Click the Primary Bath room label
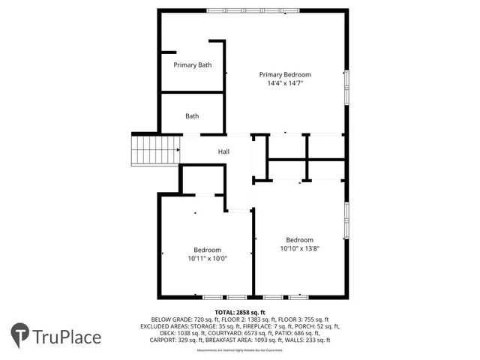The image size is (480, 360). click(193, 65)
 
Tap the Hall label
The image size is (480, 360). click(223, 152)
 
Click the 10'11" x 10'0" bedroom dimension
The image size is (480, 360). click(207, 259)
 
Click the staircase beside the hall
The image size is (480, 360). click(154, 150)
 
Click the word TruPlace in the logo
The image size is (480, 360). click(67, 337)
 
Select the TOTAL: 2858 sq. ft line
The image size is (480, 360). click(240, 312)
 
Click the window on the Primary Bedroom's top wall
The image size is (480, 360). click(253, 10)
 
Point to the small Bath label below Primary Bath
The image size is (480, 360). click(193, 116)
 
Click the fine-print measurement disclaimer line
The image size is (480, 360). click(240, 350)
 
